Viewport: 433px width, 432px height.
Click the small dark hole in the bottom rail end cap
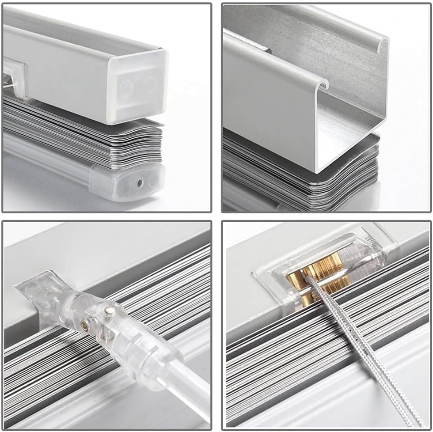(x=140, y=182)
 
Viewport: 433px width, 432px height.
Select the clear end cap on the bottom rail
(x=128, y=181)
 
